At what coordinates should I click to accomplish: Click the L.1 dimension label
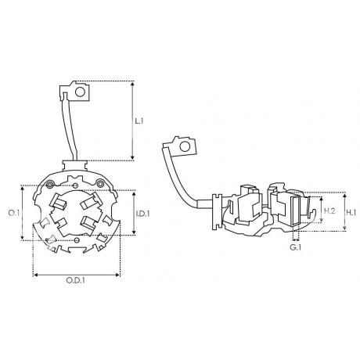click(139, 121)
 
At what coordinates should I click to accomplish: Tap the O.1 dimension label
click(14, 213)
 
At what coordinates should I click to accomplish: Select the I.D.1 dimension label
click(142, 214)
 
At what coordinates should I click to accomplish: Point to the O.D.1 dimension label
click(75, 280)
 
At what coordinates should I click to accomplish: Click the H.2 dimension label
click(329, 211)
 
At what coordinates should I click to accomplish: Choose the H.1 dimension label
click(351, 213)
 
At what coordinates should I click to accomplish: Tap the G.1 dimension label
click(296, 247)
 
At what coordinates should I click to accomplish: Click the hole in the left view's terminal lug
click(80, 92)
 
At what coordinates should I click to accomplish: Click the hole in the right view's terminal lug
click(185, 146)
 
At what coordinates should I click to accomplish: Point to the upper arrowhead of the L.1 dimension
click(132, 84)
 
